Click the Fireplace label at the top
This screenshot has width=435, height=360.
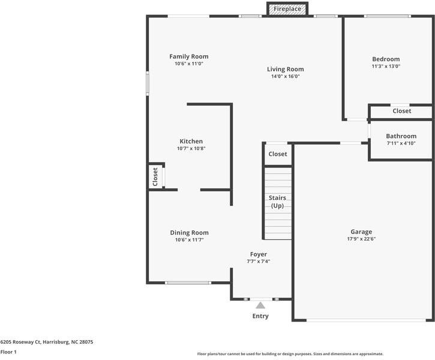point(287,9)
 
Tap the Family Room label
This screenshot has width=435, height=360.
point(188,57)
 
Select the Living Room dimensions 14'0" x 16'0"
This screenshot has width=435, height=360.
point(286,77)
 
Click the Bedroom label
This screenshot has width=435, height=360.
point(386,59)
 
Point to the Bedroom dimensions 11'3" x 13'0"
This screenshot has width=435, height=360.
point(386,67)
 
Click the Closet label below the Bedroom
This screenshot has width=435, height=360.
point(401,111)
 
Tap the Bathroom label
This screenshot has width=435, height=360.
point(401,136)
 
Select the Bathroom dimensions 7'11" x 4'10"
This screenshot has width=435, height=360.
point(401,143)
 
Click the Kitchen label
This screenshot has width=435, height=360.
point(191,142)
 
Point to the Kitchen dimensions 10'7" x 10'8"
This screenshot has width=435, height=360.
point(191,149)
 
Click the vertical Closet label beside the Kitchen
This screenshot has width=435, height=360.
point(155,177)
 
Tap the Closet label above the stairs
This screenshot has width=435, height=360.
point(278,154)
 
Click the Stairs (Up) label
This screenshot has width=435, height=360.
point(277,202)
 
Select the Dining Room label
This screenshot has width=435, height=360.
point(189,233)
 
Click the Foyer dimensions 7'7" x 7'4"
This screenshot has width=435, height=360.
point(259,262)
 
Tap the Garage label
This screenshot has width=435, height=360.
point(361,232)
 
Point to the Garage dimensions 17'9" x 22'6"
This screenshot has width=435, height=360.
point(361,239)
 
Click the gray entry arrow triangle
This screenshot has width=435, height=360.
point(260,305)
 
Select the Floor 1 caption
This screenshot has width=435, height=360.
point(8,352)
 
